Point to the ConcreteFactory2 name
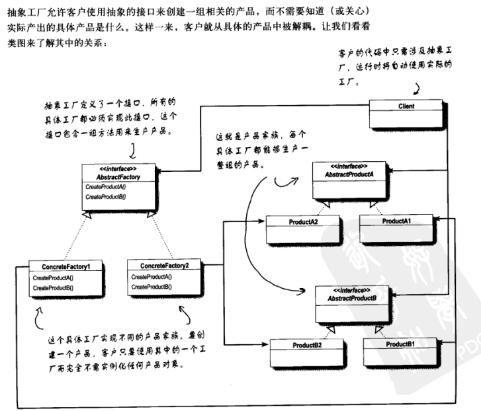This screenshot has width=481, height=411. click(165, 265)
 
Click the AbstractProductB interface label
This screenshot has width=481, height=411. click(351, 299)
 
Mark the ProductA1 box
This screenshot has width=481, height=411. click(396, 220)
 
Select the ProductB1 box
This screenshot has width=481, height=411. click(400, 344)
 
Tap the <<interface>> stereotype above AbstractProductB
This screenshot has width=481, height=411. click(351, 291)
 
